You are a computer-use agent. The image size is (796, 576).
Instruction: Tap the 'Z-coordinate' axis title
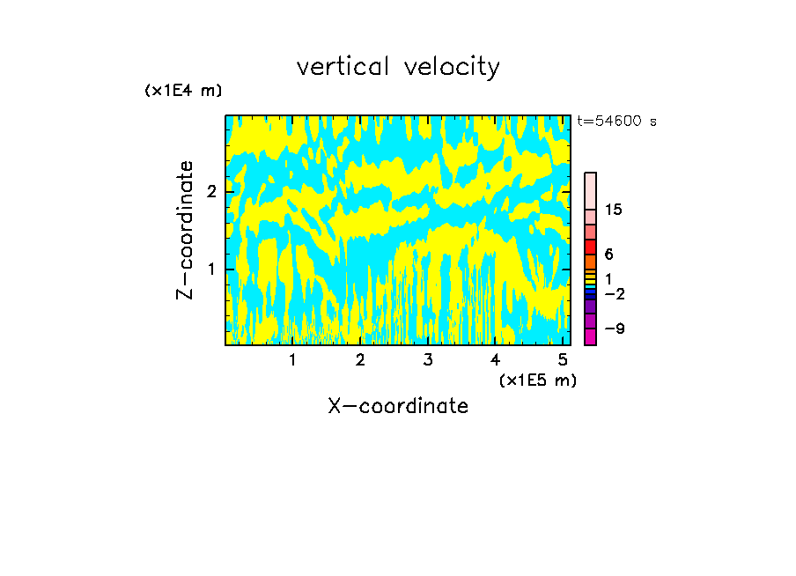(x=185, y=230)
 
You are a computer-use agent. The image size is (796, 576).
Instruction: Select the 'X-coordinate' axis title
(x=398, y=406)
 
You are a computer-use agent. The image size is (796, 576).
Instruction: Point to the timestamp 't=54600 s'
(x=616, y=122)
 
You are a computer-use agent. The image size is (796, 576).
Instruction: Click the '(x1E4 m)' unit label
(x=183, y=91)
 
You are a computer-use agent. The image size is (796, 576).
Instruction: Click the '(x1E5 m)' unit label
(x=537, y=380)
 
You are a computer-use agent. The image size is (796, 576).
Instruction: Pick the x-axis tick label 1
(x=293, y=359)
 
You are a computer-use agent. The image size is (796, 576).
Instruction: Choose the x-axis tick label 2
(x=360, y=359)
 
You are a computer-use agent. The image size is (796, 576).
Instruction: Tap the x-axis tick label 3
(x=428, y=359)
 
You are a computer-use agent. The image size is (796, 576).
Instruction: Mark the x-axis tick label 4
(x=496, y=359)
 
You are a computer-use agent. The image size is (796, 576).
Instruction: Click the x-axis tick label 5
(x=563, y=359)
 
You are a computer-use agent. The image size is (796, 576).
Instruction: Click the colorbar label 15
(x=614, y=210)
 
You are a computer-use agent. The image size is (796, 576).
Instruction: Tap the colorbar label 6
(x=608, y=255)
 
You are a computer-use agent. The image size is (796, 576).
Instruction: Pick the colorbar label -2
(x=614, y=293)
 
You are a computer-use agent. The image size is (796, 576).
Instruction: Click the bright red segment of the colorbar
(x=590, y=247)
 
